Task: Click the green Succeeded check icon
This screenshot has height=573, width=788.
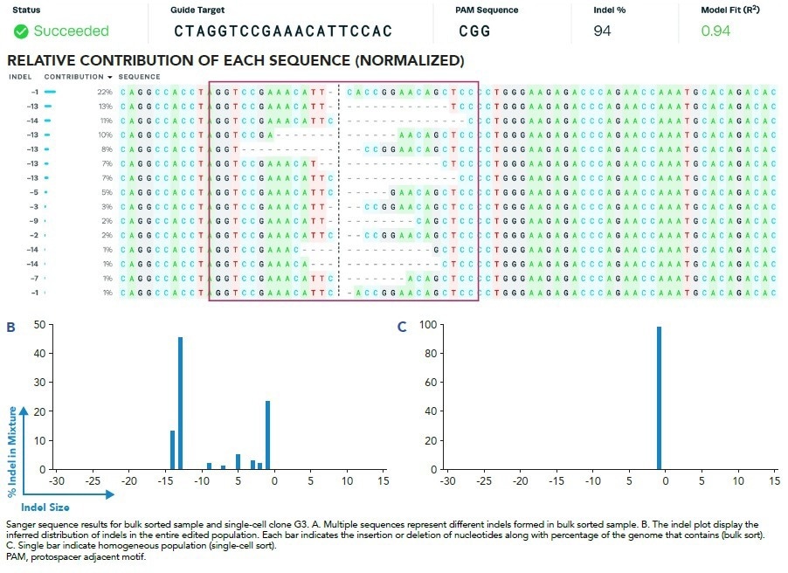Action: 21,31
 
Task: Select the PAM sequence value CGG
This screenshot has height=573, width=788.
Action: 475,31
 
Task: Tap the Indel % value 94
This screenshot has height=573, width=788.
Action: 602,31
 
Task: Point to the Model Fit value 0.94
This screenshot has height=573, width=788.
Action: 716,31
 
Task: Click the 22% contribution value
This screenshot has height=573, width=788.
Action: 106,92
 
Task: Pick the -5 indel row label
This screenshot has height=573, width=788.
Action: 32,192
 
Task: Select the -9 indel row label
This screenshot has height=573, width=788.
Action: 32,221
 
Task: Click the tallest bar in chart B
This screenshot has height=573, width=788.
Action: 180,403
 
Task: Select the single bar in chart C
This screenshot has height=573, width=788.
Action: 659,397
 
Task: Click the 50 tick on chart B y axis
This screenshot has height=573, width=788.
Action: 38,325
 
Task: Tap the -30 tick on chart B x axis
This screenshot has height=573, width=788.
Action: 57,480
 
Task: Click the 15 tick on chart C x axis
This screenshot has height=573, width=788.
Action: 772,480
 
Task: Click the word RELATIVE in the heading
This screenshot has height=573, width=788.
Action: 41,61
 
